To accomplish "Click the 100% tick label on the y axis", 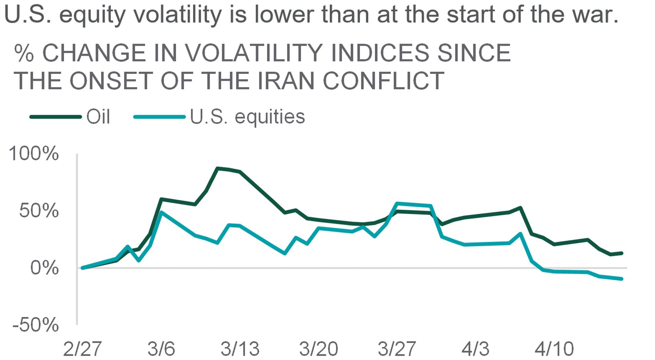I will pyautogui.click(x=34, y=154).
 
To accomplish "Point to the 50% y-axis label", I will pyautogui.click(x=39, y=211).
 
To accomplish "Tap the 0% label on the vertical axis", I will pyautogui.click(x=44, y=268).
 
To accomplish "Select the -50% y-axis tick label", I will pyautogui.click(x=36, y=325).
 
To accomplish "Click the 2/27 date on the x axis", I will pyautogui.click(x=82, y=349).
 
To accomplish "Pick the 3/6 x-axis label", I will pyautogui.click(x=161, y=349).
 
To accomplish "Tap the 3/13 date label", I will pyautogui.click(x=240, y=349).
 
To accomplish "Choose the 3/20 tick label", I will pyautogui.click(x=319, y=349).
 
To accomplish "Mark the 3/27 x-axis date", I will pyautogui.click(x=397, y=349).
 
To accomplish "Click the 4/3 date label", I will pyautogui.click(x=475, y=349).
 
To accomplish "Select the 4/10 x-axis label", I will pyautogui.click(x=554, y=349).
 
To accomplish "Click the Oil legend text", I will pyautogui.click(x=98, y=116).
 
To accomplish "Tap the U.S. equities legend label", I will pyautogui.click(x=247, y=116).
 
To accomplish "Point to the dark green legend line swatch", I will pyautogui.click(x=56, y=117).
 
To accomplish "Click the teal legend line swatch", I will pyautogui.click(x=160, y=117).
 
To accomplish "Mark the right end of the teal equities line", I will pyautogui.click(x=621, y=278).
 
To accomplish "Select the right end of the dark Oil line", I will pyautogui.click(x=621, y=253).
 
